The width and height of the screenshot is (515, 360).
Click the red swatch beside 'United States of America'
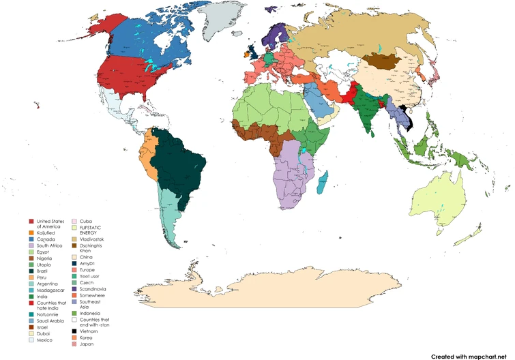coord(31,222)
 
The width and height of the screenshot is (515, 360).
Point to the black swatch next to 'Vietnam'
coord(75,330)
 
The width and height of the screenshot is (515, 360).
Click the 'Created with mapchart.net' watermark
coord(470,355)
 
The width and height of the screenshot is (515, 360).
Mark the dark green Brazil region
coord(181,164)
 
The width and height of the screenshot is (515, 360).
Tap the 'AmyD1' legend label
coord(87,263)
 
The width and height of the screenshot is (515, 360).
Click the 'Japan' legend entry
coord(87,344)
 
